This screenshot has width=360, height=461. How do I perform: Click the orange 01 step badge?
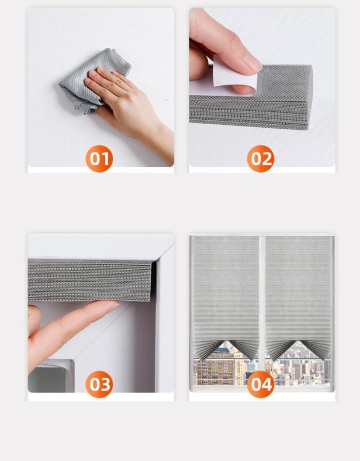pos(99,159)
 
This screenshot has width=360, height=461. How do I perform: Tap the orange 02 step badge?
pos(260,159)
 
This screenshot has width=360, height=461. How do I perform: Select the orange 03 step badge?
pos(99,385)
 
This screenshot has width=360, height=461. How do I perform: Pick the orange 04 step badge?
pos(260,385)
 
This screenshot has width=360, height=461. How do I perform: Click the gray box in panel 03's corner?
pos(50,376)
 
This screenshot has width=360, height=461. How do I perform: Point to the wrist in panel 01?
pos(160,141)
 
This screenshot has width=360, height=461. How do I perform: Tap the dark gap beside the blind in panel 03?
pos(154,278)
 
